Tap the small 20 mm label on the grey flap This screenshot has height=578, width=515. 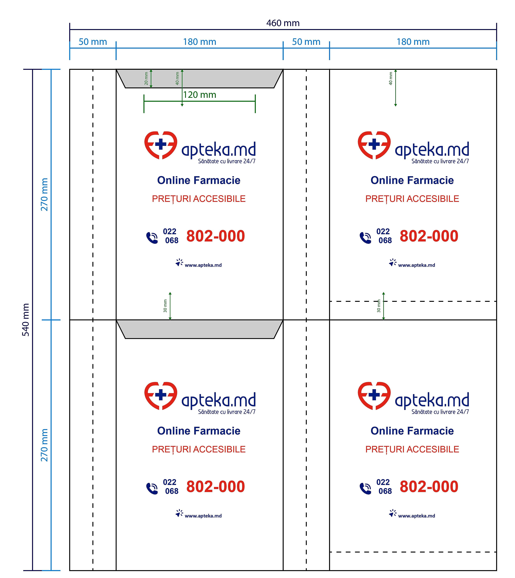pos(146,78)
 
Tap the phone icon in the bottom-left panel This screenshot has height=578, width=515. pos(152,489)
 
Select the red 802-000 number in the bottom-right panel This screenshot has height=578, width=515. pos(429,487)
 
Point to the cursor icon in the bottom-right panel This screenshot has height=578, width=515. pos(392,513)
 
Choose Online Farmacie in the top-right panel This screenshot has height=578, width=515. pos(412,180)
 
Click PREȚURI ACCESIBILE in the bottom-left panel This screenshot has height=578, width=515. pos(199,449)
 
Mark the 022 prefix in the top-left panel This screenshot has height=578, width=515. pos(170,232)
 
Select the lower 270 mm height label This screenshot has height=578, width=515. pos(44,445)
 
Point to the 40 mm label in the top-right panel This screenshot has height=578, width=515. pos(391,78)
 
